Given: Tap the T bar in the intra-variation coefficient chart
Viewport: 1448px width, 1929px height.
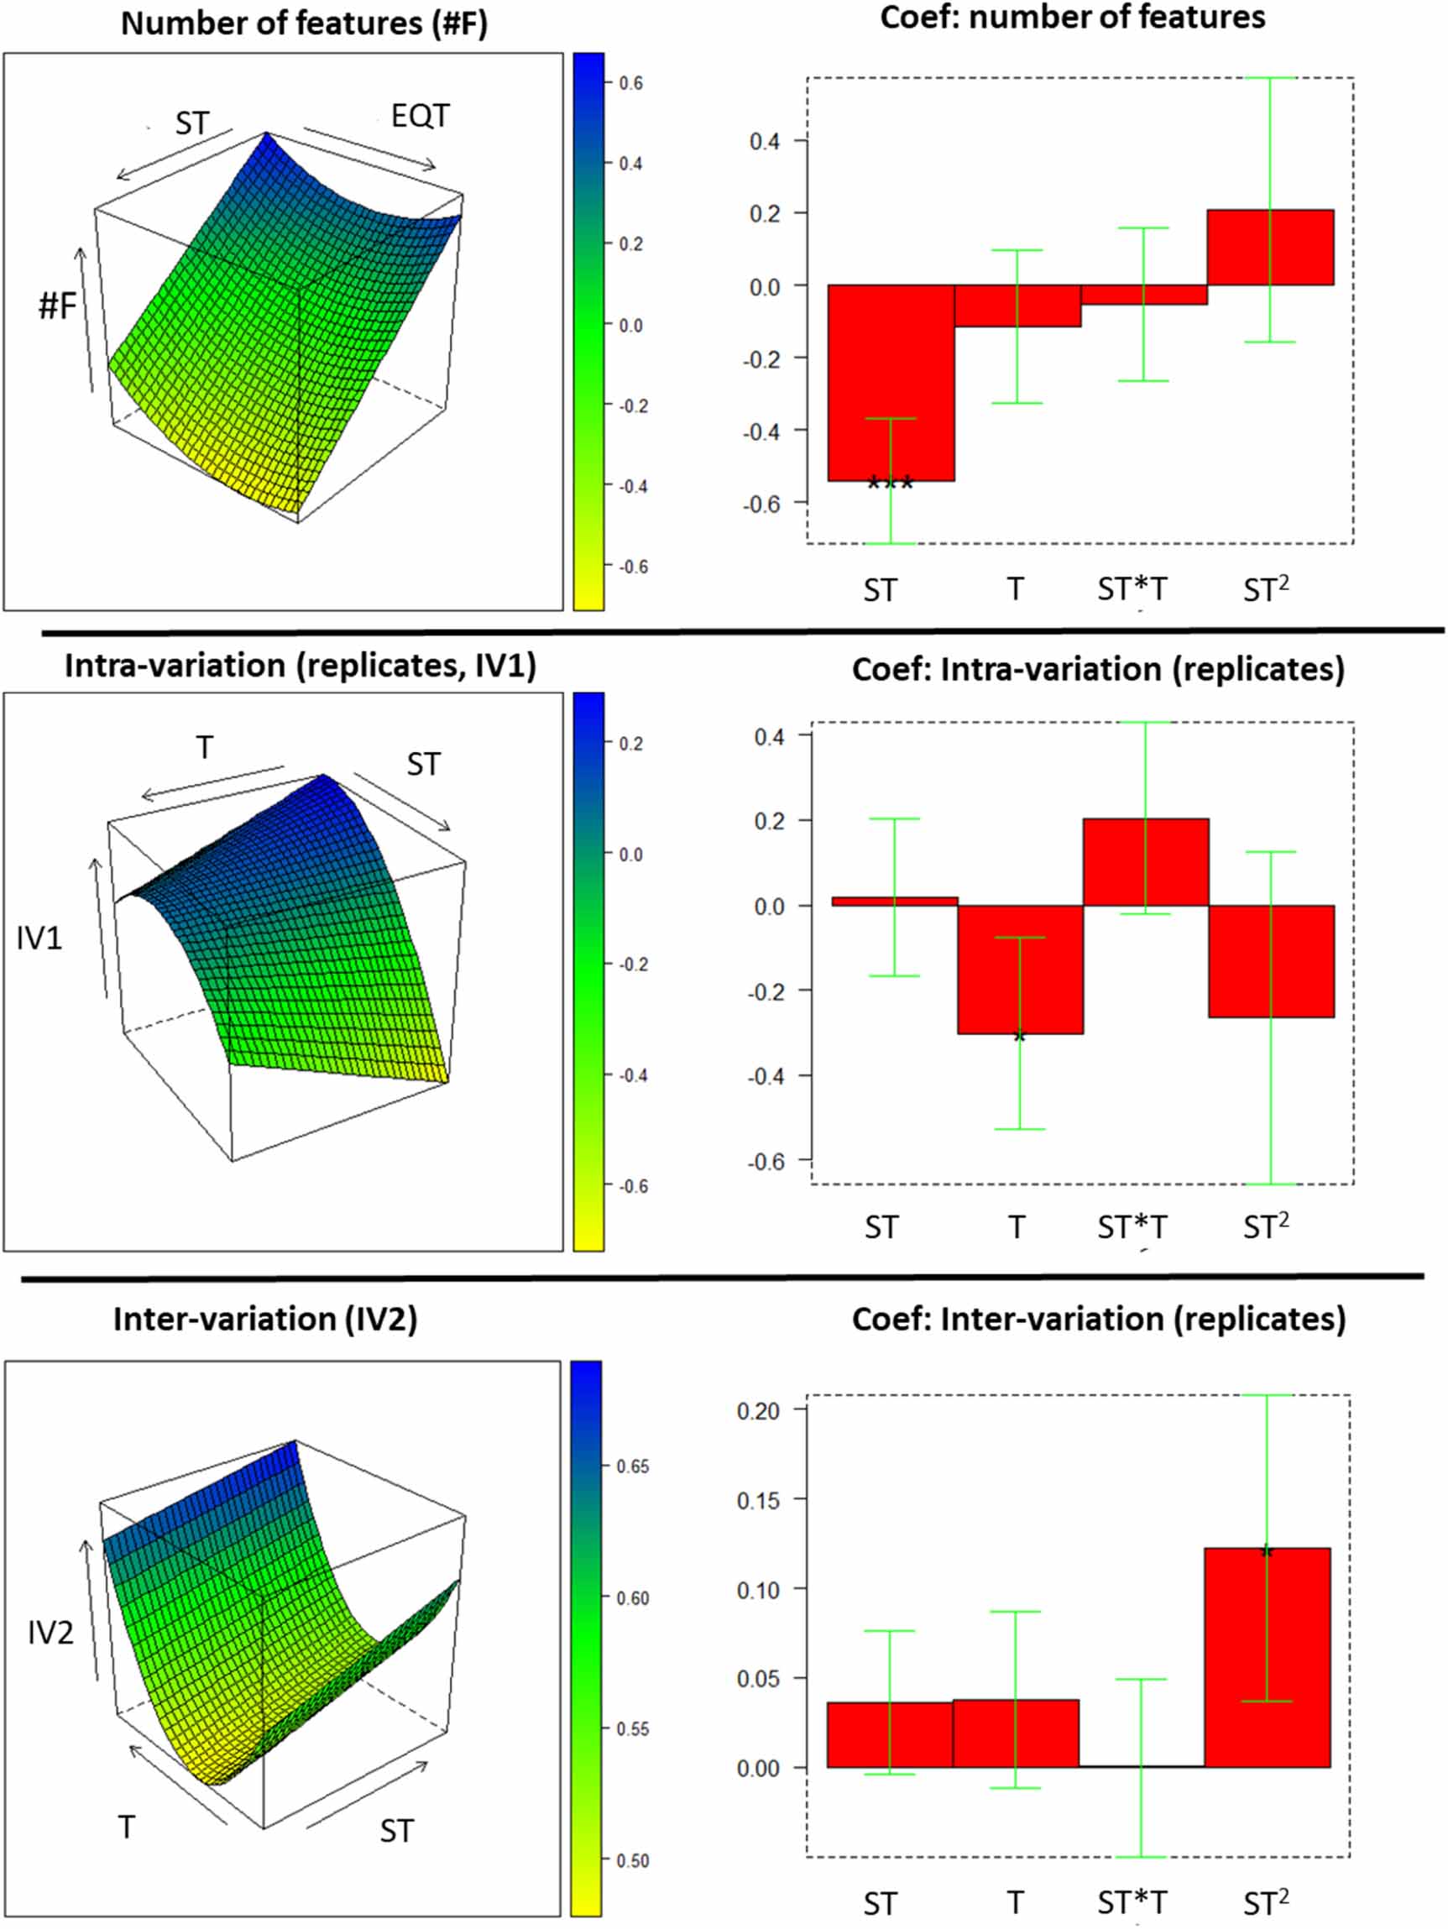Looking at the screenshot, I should tap(1020, 969).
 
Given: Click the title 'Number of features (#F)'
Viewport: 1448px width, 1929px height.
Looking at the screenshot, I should tap(304, 23).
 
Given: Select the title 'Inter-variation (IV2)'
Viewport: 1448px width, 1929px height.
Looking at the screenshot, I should tap(265, 1318).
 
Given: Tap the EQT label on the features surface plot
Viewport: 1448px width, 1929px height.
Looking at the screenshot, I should tap(420, 115).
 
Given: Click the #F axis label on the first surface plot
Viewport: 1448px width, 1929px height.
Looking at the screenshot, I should tap(58, 306).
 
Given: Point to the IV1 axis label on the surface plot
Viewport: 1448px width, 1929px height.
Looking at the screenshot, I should tap(39, 938).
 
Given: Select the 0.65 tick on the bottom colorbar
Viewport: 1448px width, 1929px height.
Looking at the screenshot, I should tap(631, 1466).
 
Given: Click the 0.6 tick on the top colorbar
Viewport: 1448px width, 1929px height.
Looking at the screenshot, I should tap(630, 83).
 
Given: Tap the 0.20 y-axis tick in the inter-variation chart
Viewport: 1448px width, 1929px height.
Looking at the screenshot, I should tap(758, 1410).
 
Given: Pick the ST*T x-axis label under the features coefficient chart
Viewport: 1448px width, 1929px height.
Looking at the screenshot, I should tap(1132, 589).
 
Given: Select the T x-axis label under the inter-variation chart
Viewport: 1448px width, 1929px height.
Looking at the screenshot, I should tap(1015, 1901).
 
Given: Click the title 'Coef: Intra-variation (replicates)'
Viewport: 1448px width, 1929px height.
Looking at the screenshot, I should tap(1098, 669).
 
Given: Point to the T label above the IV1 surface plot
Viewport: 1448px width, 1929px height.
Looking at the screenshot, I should tap(204, 747).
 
